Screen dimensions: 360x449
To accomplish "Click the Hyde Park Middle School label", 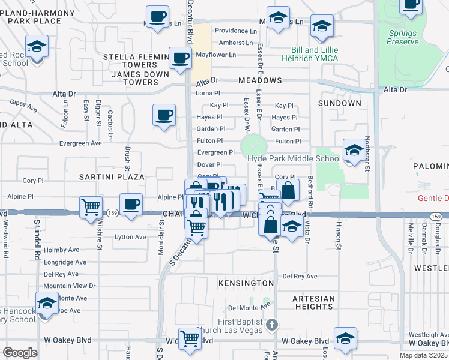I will (294, 158).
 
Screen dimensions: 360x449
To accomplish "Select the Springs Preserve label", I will (402, 37).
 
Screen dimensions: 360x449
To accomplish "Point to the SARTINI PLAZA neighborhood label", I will (112, 177).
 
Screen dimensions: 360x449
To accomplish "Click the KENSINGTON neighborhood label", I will (246, 283).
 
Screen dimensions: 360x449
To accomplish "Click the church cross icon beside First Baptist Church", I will (272, 325).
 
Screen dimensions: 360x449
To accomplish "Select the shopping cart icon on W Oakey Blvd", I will (190, 338).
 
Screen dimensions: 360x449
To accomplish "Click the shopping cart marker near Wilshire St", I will (91, 207).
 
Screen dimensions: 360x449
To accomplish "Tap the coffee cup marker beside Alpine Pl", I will (131, 204).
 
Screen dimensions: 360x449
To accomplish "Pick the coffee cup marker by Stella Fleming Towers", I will (181, 59).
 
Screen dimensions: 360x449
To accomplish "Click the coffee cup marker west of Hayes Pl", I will (164, 115).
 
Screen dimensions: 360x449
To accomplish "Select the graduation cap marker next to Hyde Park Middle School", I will (354, 150).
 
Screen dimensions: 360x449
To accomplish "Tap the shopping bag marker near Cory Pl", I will (288, 190).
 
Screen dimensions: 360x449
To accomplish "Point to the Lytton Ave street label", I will (130, 237).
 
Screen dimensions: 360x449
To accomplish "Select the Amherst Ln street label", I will (236, 43).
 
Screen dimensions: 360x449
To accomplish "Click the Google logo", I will (20, 353).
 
